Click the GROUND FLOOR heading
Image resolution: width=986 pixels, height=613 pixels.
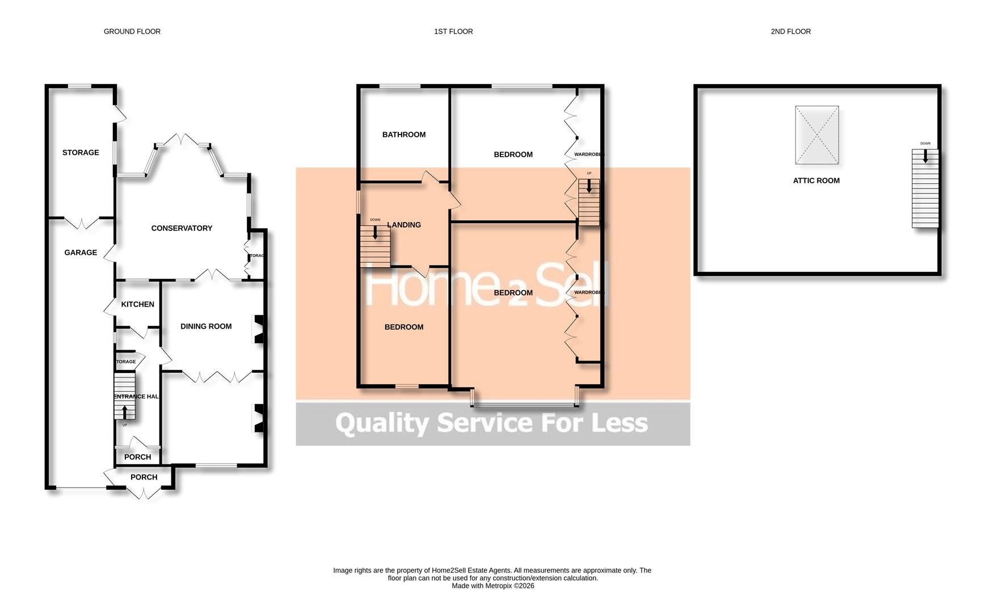(132, 32)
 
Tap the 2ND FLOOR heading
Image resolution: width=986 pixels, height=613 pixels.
(790, 32)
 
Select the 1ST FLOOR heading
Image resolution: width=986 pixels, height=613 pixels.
(453, 32)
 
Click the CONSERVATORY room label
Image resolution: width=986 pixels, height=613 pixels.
(182, 228)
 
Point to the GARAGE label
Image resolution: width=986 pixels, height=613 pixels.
(81, 253)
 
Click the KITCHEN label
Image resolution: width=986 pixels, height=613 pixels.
(137, 304)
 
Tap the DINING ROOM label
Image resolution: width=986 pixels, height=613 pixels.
(206, 326)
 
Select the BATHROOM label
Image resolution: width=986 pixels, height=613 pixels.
(403, 135)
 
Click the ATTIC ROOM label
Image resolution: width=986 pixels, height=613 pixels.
(816, 180)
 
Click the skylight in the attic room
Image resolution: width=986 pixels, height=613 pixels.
(816, 135)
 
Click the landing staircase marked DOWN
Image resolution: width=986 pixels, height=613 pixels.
(375, 247)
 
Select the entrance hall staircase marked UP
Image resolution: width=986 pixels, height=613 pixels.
(124, 396)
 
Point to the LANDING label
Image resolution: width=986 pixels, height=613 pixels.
(404, 225)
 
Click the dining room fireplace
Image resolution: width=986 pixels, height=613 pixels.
(258, 329)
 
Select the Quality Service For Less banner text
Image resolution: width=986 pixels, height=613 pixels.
(491, 423)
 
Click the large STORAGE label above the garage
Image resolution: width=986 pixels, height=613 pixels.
(81, 153)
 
